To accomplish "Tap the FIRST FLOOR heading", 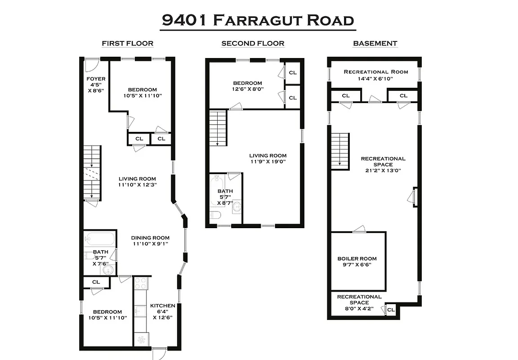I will click(127, 44).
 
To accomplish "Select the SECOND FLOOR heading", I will click(253, 44).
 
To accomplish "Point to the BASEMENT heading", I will click(375, 44).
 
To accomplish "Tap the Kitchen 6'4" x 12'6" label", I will click(162, 311).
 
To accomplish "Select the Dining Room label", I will click(150, 241).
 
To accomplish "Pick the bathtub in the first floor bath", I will click(100, 238).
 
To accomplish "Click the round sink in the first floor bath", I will click(107, 270).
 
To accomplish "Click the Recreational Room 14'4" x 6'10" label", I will click(376, 75).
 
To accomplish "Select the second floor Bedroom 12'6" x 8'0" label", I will click(247, 86).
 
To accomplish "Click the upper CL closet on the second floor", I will click(293, 72).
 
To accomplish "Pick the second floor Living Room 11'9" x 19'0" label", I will click(268, 158).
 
